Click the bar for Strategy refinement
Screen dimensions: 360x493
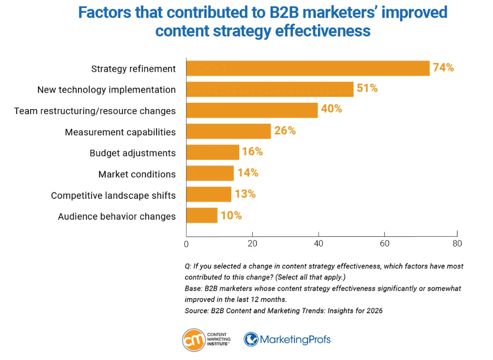pyautogui.click(x=308, y=68)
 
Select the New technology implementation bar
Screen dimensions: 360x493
pyautogui.click(x=270, y=89)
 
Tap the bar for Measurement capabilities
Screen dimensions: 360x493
pyautogui.click(x=228, y=131)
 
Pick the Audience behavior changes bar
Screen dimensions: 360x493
pyautogui.click(x=202, y=215)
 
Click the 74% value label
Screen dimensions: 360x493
pyautogui.click(x=443, y=68)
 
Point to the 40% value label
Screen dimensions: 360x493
pyautogui.click(x=331, y=109)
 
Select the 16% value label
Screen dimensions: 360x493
pyautogui.click(x=252, y=152)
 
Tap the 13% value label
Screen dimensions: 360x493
pyautogui.click(x=245, y=194)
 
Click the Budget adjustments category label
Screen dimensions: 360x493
pyautogui.click(x=132, y=153)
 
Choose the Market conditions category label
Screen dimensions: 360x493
pyautogui.click(x=137, y=174)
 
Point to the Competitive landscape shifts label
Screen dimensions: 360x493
pyautogui.click(x=113, y=195)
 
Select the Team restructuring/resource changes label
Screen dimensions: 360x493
pyautogui.click(x=95, y=111)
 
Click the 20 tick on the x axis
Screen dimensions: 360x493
pyautogui.click(x=252, y=243)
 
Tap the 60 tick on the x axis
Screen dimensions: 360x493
pyautogui.click(x=384, y=243)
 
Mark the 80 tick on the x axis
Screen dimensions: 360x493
pyautogui.click(x=456, y=243)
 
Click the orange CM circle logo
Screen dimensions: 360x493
pyautogui.click(x=193, y=340)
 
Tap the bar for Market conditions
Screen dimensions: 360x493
pyautogui.click(x=210, y=173)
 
